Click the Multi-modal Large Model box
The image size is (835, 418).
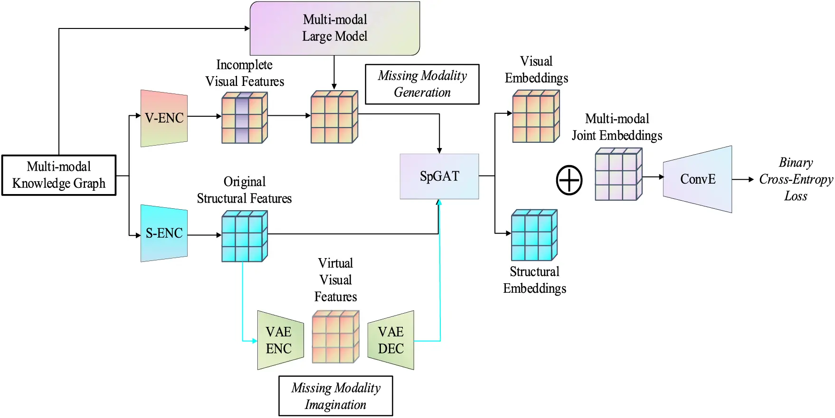(335, 28)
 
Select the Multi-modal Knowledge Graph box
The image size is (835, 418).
(59, 175)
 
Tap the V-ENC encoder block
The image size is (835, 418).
(164, 118)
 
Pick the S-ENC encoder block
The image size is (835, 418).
(164, 233)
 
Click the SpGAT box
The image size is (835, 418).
(439, 176)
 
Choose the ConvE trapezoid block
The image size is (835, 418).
(697, 179)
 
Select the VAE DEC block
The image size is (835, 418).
(391, 340)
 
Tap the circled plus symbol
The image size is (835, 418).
(569, 180)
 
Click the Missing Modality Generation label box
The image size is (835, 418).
(422, 84)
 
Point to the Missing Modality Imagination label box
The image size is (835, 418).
(335, 396)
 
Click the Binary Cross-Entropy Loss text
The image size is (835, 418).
(796, 179)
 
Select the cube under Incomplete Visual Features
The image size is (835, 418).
(244, 118)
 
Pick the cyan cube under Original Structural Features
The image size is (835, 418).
(244, 236)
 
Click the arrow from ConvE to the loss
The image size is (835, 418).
(743, 179)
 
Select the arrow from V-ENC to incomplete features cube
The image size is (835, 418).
(204, 116)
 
